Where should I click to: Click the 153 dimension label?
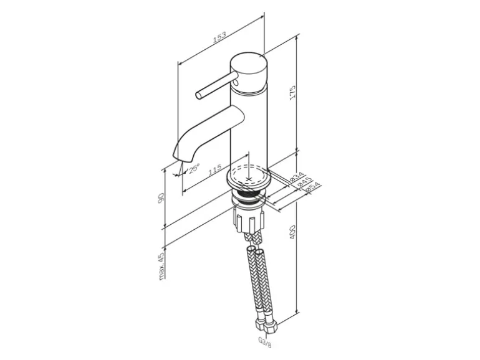(219, 37)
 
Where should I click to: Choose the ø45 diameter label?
(304, 182)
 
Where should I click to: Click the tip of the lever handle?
(198, 95)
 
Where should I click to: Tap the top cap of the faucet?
(249, 65)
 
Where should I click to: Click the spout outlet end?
(180, 157)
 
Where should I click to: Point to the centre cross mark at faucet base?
(249, 179)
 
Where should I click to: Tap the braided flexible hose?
(256, 280)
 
